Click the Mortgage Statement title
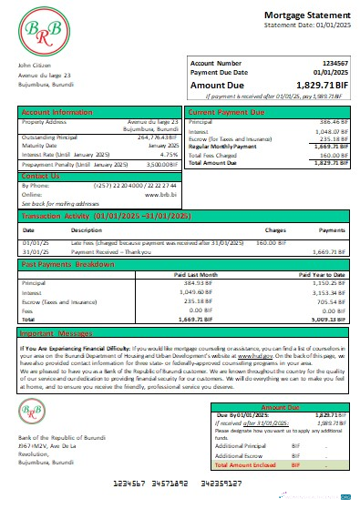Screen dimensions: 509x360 (305, 16)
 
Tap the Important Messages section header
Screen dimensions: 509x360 (60, 334)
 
